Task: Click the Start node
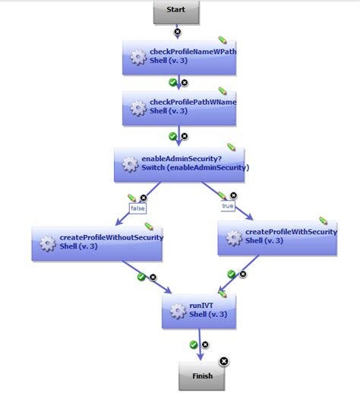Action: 176,11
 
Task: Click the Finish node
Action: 202,376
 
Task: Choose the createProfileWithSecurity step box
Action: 277,237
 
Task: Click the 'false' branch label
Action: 137,207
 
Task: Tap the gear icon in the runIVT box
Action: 178,311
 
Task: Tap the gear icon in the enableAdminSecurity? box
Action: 130,164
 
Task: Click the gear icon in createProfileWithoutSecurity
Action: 48,243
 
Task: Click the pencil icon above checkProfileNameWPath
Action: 223,40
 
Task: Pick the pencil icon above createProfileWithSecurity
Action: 323,220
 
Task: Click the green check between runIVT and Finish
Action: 194,344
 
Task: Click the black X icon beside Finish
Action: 224,361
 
